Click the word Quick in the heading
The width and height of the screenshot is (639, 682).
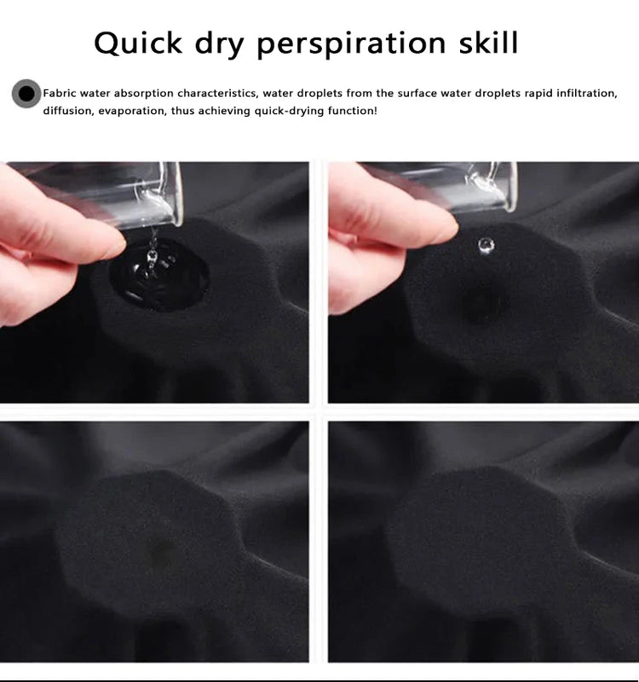(x=138, y=44)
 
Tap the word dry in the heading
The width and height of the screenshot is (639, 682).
(x=219, y=44)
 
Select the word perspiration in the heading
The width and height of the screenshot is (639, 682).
(x=352, y=44)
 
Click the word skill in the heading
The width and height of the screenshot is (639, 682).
(x=489, y=43)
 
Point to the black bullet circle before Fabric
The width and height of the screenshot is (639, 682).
(x=26, y=94)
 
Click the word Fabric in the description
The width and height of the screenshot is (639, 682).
(x=60, y=93)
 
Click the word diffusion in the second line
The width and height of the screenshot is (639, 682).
(x=68, y=111)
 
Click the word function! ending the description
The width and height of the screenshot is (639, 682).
(x=353, y=111)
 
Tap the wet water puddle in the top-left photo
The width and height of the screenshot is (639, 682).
(x=158, y=275)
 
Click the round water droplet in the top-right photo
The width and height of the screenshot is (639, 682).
(x=486, y=246)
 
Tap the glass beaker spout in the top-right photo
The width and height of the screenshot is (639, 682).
(x=486, y=183)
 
